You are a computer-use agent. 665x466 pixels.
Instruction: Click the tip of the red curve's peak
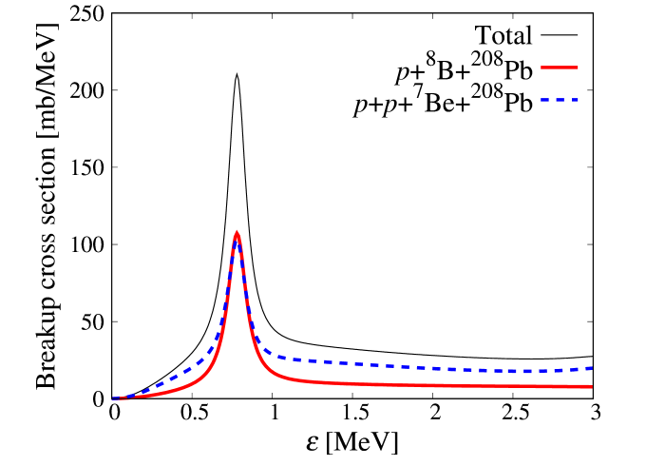pyautogui.click(x=237, y=233)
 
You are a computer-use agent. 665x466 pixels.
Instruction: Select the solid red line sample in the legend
pyautogui.click(x=560, y=68)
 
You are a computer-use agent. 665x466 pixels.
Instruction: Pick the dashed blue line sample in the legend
pyautogui.click(x=560, y=100)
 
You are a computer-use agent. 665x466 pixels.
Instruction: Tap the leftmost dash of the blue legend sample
pyautogui.click(x=545, y=100)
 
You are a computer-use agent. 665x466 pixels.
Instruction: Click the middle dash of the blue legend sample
pyautogui.click(x=560, y=100)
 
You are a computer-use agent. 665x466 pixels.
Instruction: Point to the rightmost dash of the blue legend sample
pyautogui.click(x=574, y=100)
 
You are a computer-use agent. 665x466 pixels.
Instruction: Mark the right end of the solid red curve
pyautogui.click(x=591, y=387)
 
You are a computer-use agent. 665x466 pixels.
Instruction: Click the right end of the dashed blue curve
pyautogui.click(x=592, y=368)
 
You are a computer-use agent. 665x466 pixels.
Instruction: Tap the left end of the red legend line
pyautogui.click(x=542, y=68)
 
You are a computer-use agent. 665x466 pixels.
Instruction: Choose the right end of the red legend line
pyautogui.click(x=578, y=68)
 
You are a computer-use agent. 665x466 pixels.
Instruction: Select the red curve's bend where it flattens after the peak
pyautogui.click(x=275, y=376)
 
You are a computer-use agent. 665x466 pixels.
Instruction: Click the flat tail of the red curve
pyautogui.click(x=456, y=385)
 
